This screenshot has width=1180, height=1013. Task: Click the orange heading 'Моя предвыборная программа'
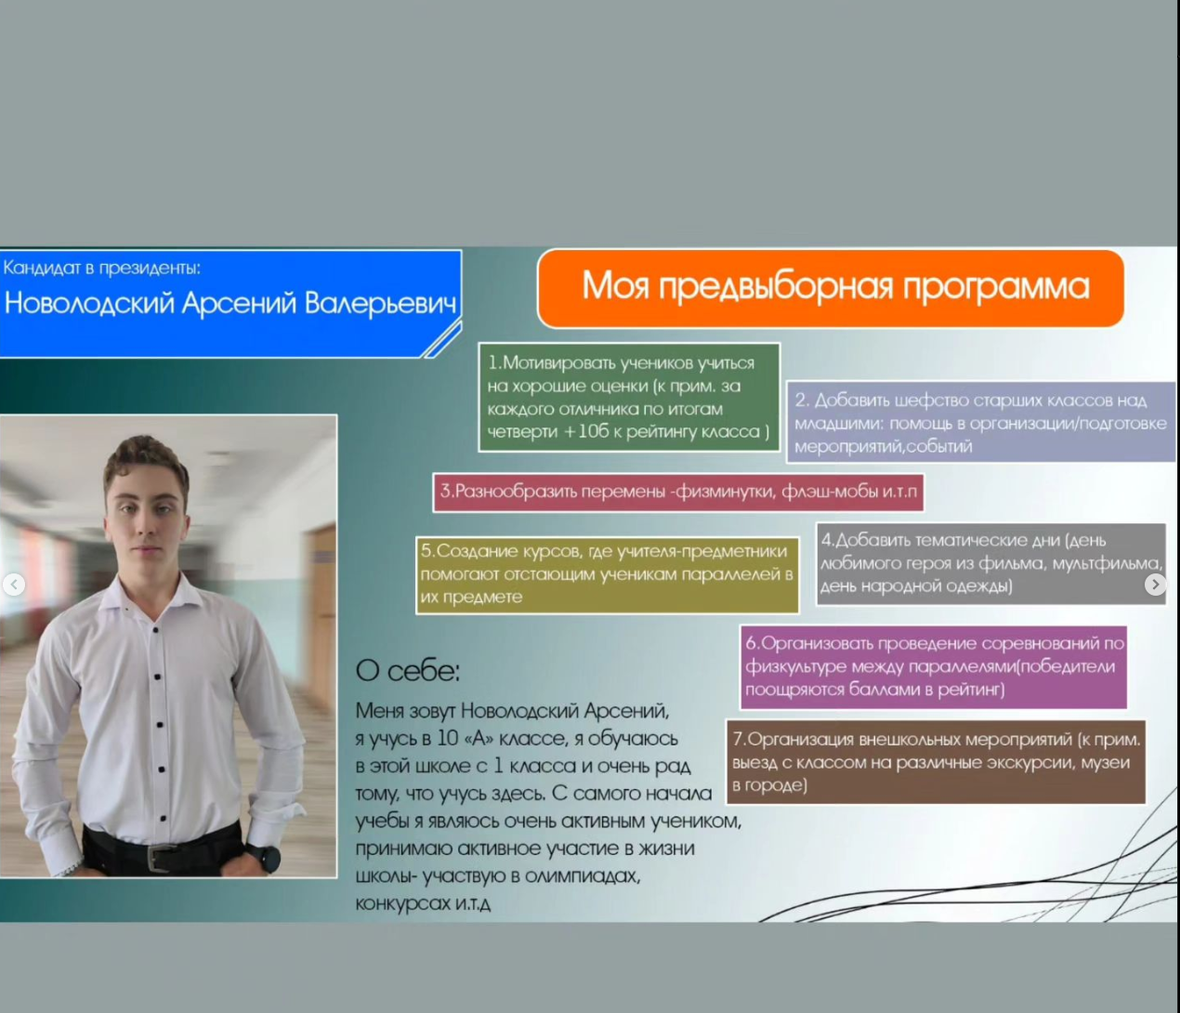[831, 288]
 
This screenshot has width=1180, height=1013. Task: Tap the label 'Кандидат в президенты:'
[102, 268]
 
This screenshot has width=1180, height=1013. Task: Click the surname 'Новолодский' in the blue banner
[89, 303]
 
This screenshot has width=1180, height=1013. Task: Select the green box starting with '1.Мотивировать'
[629, 398]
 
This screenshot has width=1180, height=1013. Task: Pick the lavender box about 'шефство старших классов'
[981, 423]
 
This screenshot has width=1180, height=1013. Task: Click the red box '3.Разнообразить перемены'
[678, 493]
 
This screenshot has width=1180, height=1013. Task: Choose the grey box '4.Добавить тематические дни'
[991, 564]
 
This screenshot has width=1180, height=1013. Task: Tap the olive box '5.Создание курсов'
[608, 575]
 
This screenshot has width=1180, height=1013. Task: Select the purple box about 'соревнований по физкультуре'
[934, 667]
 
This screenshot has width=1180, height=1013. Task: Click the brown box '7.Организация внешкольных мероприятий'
[937, 762]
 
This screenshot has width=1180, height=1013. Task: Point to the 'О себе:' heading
[408, 671]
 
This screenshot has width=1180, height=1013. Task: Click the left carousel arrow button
[14, 585]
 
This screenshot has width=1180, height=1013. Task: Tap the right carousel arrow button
[1156, 585]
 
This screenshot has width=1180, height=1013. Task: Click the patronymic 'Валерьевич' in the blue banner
[381, 303]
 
